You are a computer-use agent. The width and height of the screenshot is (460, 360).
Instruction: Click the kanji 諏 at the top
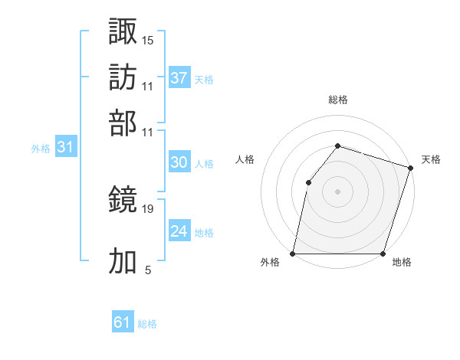point(123,31)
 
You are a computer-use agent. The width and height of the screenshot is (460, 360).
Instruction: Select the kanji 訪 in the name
point(123,77)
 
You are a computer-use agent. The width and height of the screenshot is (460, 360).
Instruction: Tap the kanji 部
point(123,123)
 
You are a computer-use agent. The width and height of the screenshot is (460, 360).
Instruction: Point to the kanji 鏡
point(123,201)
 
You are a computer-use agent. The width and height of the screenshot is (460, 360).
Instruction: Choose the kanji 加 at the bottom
point(123,261)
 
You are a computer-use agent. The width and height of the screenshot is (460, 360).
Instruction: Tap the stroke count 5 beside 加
point(148,270)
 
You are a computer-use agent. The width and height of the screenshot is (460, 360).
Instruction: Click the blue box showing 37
point(179,77)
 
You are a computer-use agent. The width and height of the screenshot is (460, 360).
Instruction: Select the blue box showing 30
point(179,162)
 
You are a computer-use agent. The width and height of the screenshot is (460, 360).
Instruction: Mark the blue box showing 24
point(179,231)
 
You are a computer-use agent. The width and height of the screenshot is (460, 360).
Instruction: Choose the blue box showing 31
point(64,147)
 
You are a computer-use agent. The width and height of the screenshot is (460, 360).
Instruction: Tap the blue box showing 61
point(123,322)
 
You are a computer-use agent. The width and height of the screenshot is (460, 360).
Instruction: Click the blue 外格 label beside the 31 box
point(41,149)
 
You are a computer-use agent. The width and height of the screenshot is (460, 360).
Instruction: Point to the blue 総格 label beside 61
point(147,324)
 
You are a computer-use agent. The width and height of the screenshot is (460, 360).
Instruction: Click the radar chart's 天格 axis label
point(431,159)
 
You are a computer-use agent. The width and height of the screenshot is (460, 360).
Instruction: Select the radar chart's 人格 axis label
point(245,159)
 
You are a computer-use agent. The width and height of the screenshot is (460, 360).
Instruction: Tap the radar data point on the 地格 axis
point(383,254)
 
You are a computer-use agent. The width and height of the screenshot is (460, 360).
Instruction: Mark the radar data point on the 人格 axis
point(308,182)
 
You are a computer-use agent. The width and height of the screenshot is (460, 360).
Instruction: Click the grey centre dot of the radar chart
point(337,191)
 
